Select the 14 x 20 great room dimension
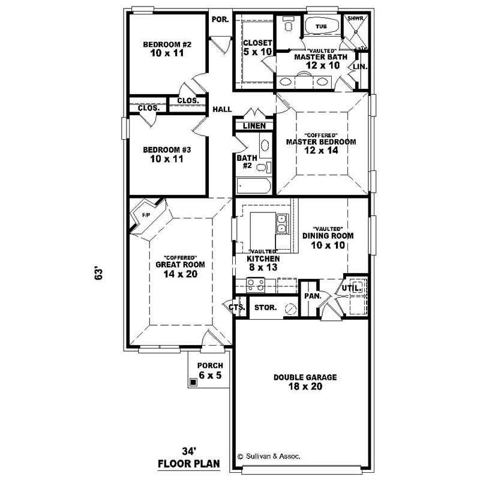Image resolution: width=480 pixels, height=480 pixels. click(x=180, y=274)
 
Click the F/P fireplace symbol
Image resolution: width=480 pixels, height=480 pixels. click(x=145, y=215)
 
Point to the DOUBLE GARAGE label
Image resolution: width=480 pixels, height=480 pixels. click(x=305, y=377)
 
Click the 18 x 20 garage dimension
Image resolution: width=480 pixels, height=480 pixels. click(x=305, y=388)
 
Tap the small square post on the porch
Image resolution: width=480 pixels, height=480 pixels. click(x=193, y=382)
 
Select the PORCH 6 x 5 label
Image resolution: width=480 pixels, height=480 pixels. click(x=211, y=370)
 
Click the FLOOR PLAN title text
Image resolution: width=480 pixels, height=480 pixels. click(x=189, y=463)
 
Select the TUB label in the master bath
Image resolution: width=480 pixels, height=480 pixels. click(x=321, y=26)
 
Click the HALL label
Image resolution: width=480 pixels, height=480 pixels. click(x=222, y=110)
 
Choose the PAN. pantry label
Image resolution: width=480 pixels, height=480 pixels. click(x=312, y=296)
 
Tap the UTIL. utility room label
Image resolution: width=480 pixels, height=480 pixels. click(x=351, y=289)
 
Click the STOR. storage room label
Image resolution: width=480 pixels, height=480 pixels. click(x=265, y=307)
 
